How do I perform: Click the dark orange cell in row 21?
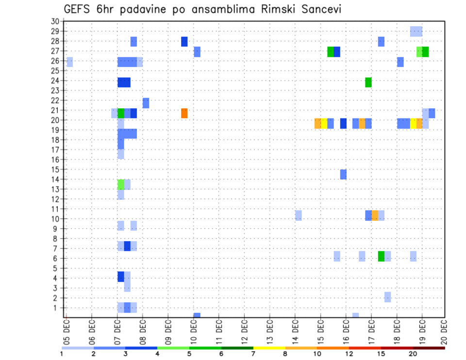point(184,113)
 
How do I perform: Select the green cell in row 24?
point(368,82)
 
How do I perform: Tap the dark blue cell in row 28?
point(184,42)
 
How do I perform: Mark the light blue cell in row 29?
point(416,32)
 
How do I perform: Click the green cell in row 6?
point(381,256)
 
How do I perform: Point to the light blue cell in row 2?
point(387,297)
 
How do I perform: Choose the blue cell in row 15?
point(343,174)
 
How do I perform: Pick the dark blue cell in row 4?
point(121,277)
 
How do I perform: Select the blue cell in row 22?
point(146,103)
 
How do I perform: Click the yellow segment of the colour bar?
point(269,347)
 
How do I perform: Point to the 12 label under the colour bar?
point(349,354)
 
